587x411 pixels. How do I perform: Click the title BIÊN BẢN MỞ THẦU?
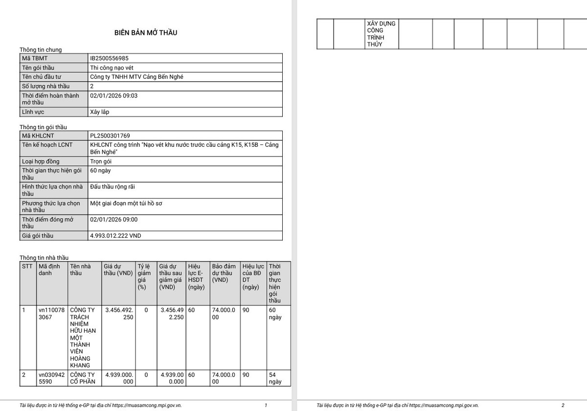pyautogui.click(x=146, y=33)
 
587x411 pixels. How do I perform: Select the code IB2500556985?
pyautogui.click(x=110, y=58)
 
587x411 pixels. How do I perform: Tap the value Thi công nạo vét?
pyautogui.click(x=112, y=68)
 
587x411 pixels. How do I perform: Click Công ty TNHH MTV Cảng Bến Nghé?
pyautogui.click(x=137, y=77)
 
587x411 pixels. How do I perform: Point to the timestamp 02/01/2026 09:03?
pyautogui.click(x=114, y=96)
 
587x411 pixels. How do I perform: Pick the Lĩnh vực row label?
pyautogui.click(x=33, y=112)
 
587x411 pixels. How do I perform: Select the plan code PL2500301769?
pyautogui.click(x=110, y=136)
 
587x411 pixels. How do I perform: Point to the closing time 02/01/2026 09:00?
pyautogui.click(x=114, y=220)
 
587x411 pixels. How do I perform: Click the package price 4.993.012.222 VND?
pyautogui.click(x=115, y=236)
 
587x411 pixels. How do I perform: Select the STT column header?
pyautogui.click(x=27, y=267)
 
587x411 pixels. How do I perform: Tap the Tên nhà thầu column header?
pyautogui.click(x=80, y=270)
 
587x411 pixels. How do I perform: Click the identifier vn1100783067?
pyautogui.click(x=51, y=313)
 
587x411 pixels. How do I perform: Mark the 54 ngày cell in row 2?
pyautogui.click(x=275, y=378)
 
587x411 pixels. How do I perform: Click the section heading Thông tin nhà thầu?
pyautogui.click(x=44, y=258)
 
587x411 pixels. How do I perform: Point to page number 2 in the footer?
pyautogui.click(x=563, y=405)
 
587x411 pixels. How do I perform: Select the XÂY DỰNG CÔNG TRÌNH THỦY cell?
pyautogui.click(x=382, y=34)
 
